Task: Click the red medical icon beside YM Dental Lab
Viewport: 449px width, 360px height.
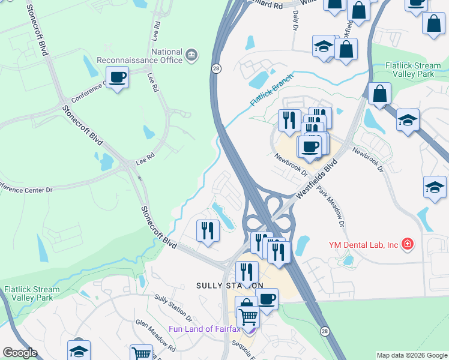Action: (x=408, y=244)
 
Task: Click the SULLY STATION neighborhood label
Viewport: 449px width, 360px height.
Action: (x=230, y=286)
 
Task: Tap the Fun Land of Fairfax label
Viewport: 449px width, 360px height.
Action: (x=203, y=329)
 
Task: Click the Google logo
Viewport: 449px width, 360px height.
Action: (x=20, y=353)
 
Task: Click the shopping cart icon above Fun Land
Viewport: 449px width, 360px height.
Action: (x=248, y=316)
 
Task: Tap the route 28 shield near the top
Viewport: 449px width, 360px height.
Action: (x=214, y=68)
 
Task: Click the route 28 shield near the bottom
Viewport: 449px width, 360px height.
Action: (x=324, y=331)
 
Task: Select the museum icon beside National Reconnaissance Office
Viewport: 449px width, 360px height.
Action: (x=191, y=56)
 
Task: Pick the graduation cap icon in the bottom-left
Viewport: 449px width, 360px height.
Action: (x=79, y=350)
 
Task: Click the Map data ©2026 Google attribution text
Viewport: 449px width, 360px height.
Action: (x=412, y=355)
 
